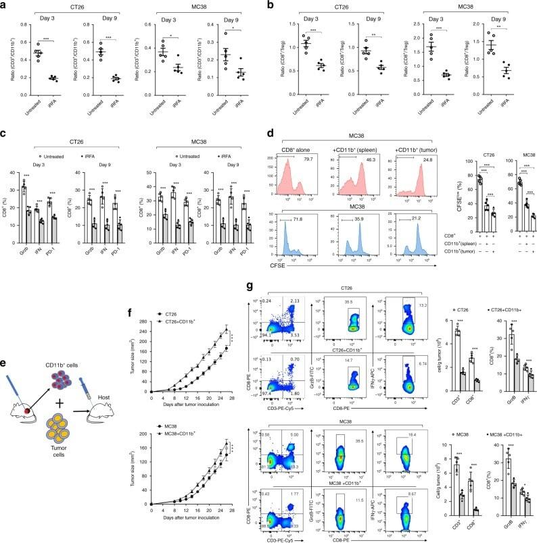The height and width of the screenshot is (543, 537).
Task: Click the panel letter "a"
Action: pos(5,6)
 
